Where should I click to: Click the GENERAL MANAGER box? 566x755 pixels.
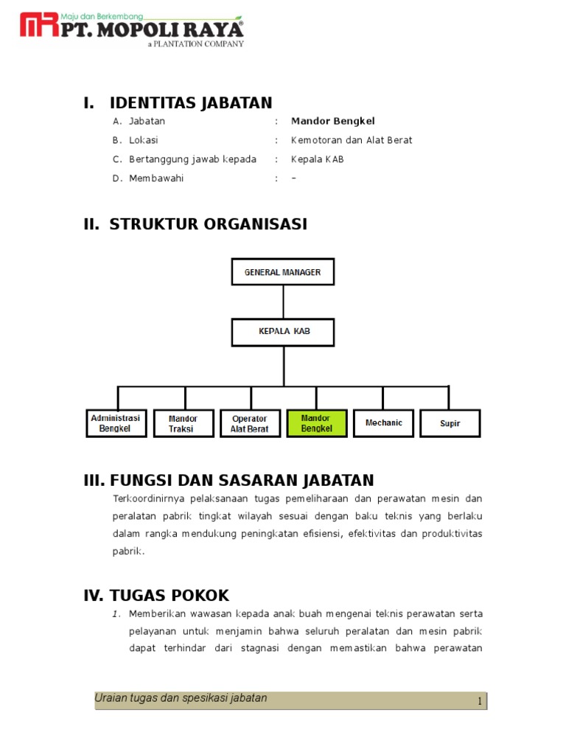point(283,272)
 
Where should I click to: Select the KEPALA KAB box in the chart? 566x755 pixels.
point(283,332)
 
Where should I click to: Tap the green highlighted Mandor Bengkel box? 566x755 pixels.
point(316,423)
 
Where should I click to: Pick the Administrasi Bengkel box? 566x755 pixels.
point(116,423)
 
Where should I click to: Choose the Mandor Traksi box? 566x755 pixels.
point(183,423)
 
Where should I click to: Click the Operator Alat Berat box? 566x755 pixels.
point(250,423)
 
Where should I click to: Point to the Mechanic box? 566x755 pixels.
point(383,423)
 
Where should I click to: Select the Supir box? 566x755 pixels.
point(450,423)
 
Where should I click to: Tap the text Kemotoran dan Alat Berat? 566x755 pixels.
point(352,140)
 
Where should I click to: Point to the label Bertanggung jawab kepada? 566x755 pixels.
point(192,159)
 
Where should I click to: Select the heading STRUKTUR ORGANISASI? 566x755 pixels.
point(208,224)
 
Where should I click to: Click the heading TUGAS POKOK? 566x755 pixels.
point(170,596)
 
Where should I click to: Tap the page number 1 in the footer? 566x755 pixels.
point(479,702)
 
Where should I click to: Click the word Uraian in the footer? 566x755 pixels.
point(110,698)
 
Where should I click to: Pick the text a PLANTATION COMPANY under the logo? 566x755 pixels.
point(195,44)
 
